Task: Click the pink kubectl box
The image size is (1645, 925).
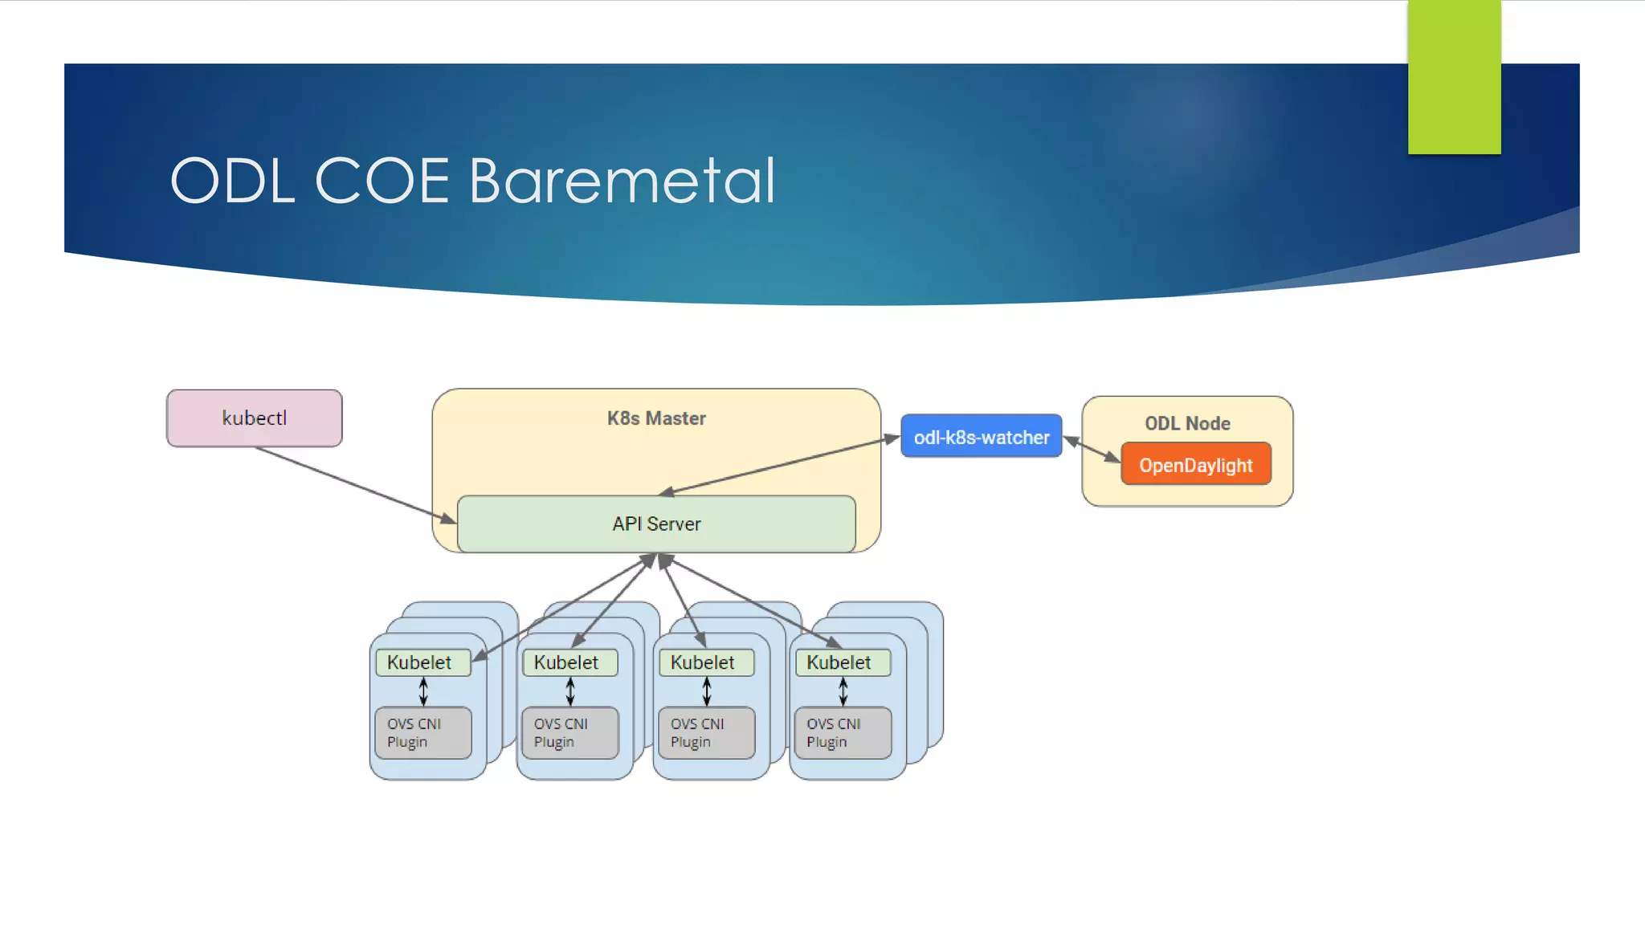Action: click(254, 418)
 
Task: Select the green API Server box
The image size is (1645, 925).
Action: click(656, 524)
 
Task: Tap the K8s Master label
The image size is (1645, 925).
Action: click(656, 418)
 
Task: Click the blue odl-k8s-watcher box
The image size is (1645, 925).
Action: click(981, 437)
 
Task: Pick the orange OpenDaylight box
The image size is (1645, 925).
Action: click(1195, 465)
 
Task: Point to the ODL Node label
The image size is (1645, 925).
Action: click(1187, 423)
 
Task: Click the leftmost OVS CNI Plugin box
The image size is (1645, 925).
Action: click(422, 732)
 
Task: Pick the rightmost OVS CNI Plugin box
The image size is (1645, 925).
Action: click(842, 732)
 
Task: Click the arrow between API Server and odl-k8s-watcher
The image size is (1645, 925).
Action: click(779, 465)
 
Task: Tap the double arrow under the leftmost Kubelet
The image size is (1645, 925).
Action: click(423, 691)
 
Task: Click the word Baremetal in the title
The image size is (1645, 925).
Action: click(622, 181)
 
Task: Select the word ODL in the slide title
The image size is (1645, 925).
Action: click(232, 181)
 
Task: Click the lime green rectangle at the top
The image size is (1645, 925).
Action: click(1454, 76)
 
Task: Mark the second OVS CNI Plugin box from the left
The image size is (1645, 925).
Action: click(569, 732)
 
